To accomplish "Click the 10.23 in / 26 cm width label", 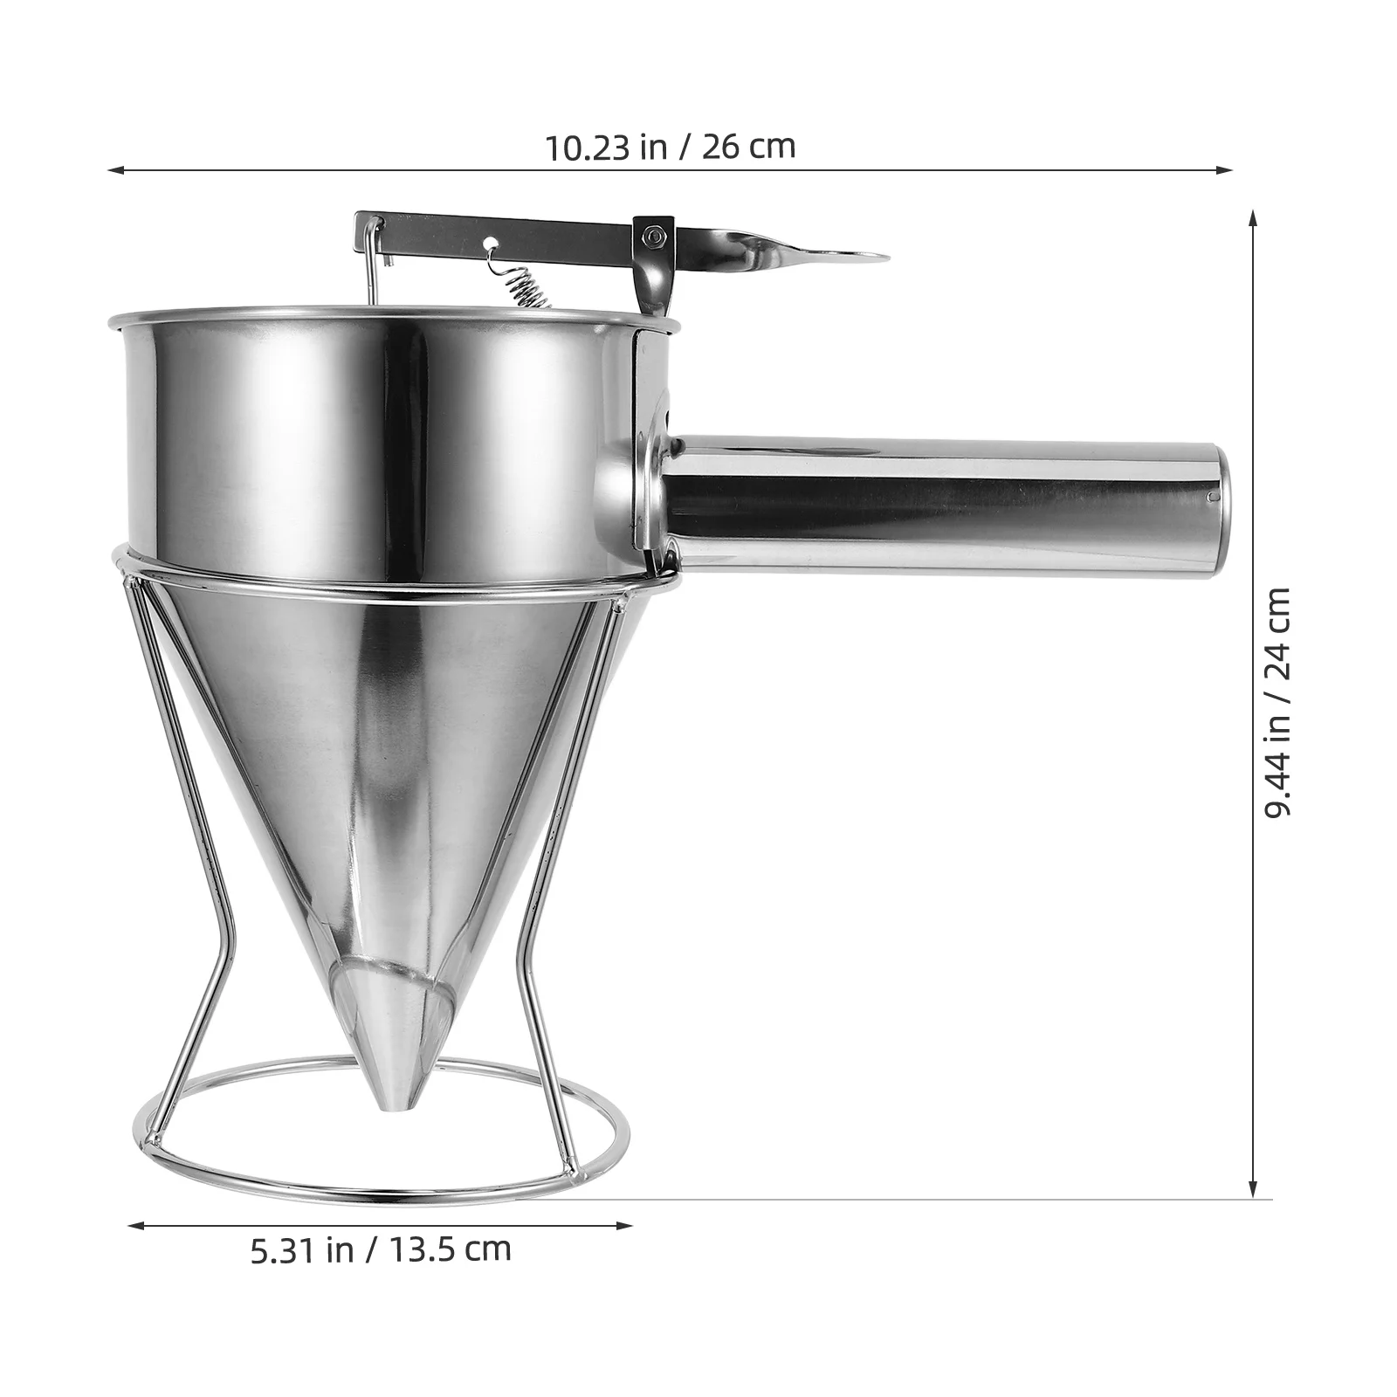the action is (x=671, y=147).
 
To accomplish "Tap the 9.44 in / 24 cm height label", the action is (x=1277, y=703).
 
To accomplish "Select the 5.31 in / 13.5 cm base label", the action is (x=381, y=1250).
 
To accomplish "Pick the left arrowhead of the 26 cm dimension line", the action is (x=114, y=170).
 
